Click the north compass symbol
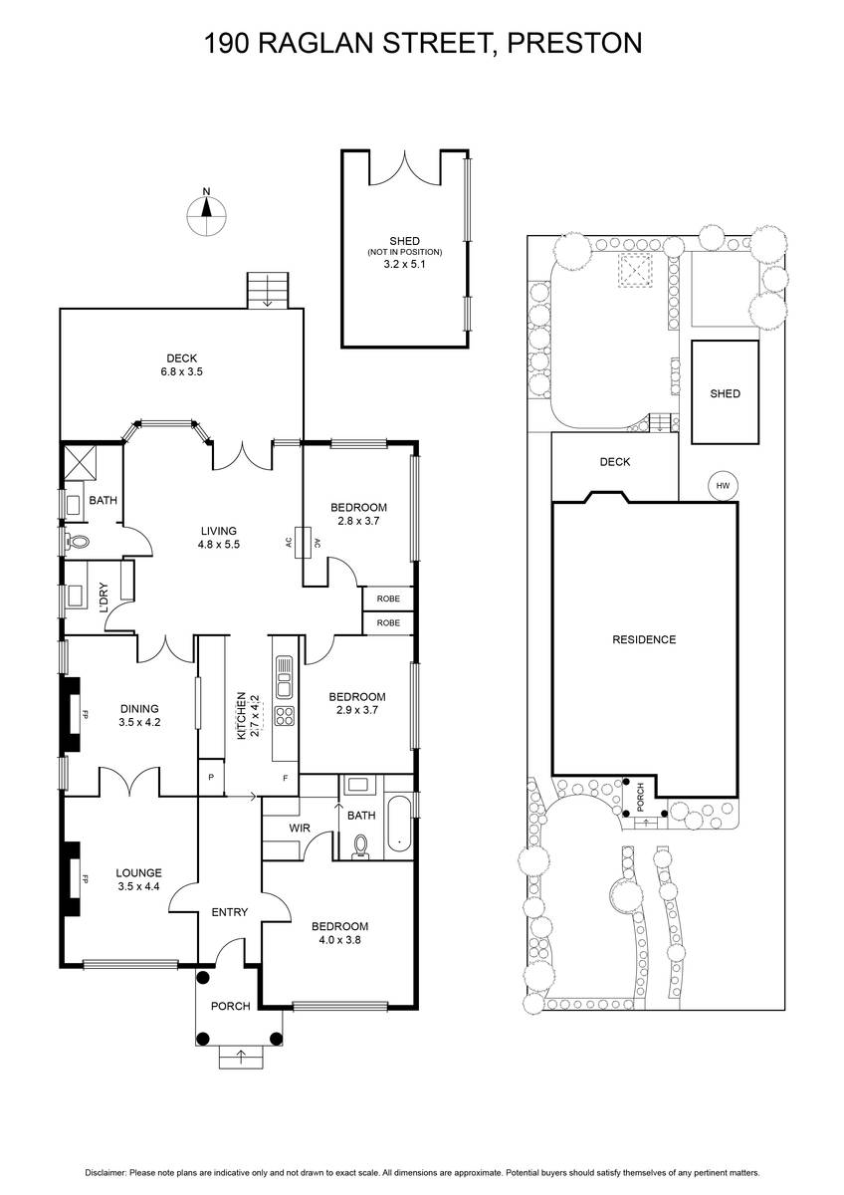click(207, 210)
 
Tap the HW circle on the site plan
click(723, 485)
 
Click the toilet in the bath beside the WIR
click(360, 845)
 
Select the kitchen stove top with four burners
click(284, 717)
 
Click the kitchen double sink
click(284, 677)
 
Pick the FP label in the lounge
click(85, 880)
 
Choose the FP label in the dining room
click(85, 714)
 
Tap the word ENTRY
click(230, 912)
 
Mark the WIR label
click(300, 828)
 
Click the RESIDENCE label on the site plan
click(643, 639)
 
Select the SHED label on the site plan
click(725, 393)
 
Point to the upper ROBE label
click(388, 599)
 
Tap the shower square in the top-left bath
click(78, 461)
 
